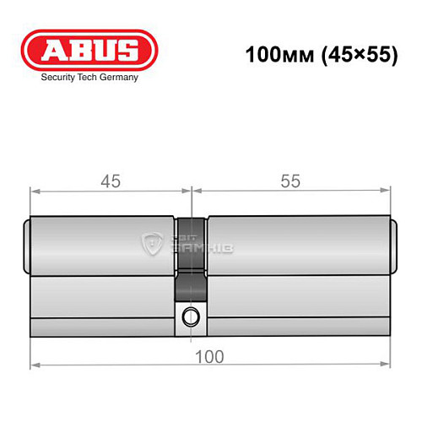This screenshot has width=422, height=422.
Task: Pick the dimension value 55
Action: (x=291, y=181)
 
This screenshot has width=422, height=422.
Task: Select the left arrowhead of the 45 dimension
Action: (x=35, y=192)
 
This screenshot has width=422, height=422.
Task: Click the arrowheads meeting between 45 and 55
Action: (x=192, y=192)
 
